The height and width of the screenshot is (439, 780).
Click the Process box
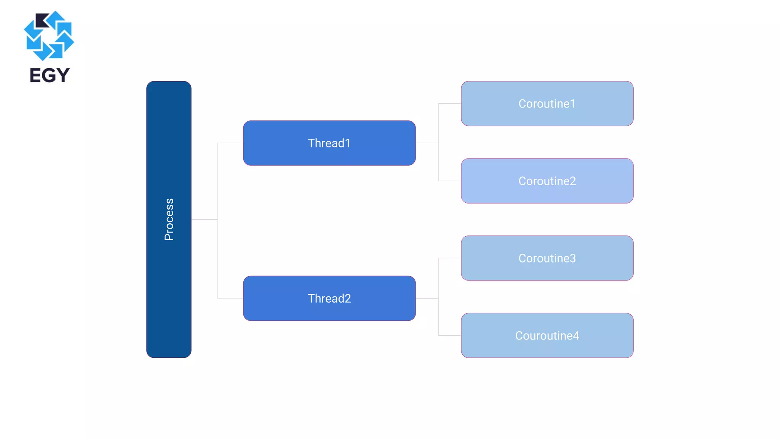tap(169, 290)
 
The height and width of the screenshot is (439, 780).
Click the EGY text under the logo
tap(50, 75)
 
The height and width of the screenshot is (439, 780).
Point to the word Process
tap(169, 219)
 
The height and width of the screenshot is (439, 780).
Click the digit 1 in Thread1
tap(347, 143)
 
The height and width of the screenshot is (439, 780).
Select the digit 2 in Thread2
tap(347, 298)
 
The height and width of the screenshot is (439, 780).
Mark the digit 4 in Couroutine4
tap(576, 336)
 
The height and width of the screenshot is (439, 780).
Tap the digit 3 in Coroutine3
tap(572, 258)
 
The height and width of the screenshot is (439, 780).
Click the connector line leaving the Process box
tap(204, 219)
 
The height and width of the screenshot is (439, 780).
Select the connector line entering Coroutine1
tap(450, 104)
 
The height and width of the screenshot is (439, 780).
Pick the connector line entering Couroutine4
tap(450, 335)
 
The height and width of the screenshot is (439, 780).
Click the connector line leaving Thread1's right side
tap(427, 143)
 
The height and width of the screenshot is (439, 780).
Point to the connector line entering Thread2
tap(230, 298)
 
